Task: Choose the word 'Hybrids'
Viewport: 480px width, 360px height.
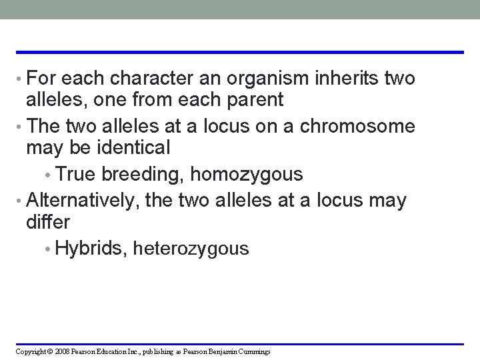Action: tap(92, 249)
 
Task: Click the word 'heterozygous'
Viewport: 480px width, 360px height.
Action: tap(191, 249)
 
